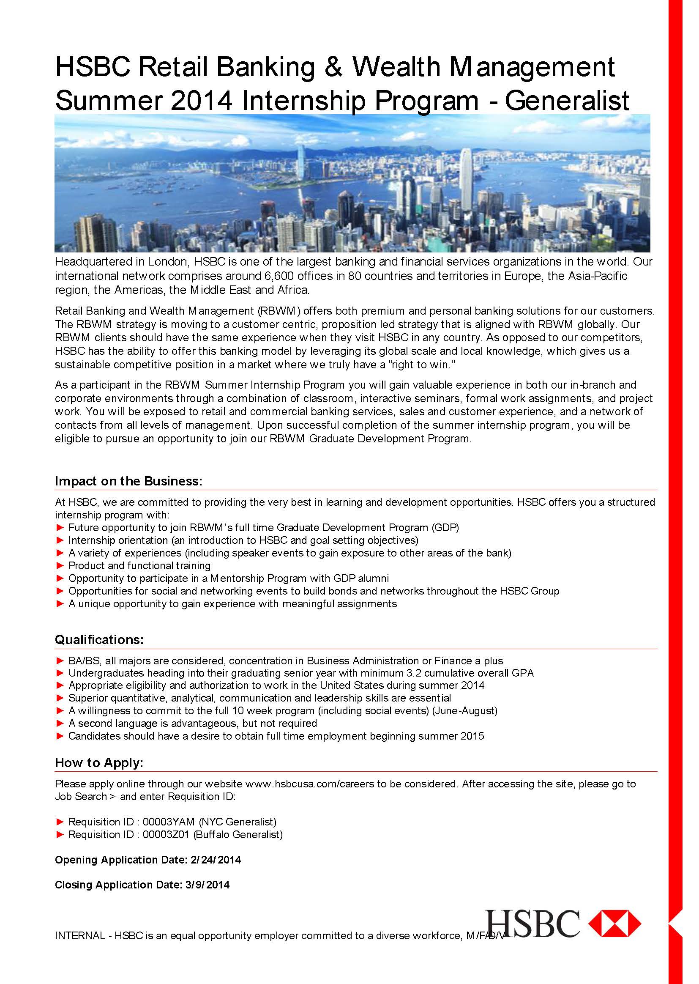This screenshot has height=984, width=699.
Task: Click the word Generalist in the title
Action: pos(567,101)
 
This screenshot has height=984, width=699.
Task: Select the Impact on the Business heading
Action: pos(128,481)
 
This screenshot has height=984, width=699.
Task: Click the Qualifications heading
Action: pos(99,639)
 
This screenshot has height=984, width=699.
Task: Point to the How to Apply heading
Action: pos(98,763)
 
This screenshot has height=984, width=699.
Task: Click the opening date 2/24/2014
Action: pos(215,860)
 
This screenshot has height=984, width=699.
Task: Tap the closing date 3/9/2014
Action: pos(208,885)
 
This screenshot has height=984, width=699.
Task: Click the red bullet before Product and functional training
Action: pos(60,565)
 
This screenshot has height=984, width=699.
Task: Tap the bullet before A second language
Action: pos(60,724)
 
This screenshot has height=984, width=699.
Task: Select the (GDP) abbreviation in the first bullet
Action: pos(445,528)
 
